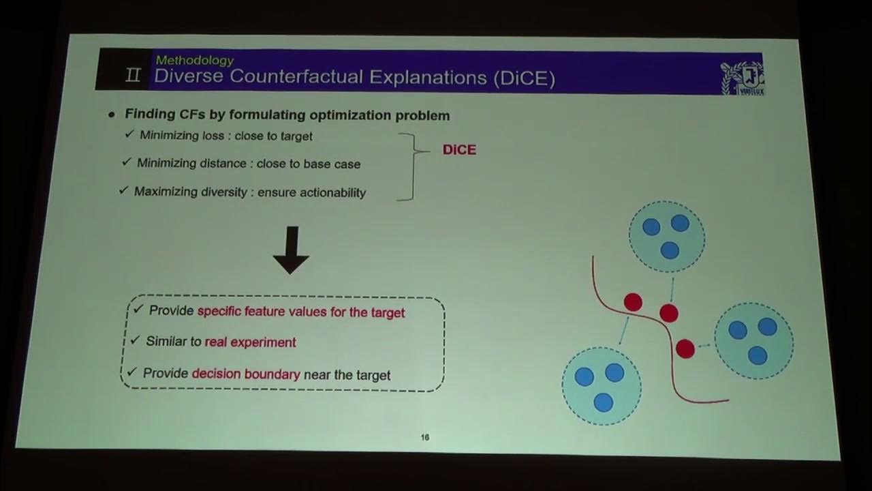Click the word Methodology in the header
[x=194, y=61]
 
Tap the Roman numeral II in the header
[x=134, y=75]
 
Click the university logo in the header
[x=742, y=77]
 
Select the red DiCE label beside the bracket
[x=459, y=150]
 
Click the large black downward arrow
[x=291, y=250]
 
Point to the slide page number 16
[x=425, y=438]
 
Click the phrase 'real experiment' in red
[x=250, y=342]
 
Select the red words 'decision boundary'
[x=246, y=374]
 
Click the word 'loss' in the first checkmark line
[x=212, y=136]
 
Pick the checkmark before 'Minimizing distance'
[x=126, y=162]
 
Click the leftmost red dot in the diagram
[x=633, y=302]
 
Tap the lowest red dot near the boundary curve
[x=685, y=349]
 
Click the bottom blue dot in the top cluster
[x=670, y=250]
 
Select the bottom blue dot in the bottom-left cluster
[x=603, y=402]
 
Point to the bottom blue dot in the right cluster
[x=758, y=355]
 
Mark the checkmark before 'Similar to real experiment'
[x=134, y=340]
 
